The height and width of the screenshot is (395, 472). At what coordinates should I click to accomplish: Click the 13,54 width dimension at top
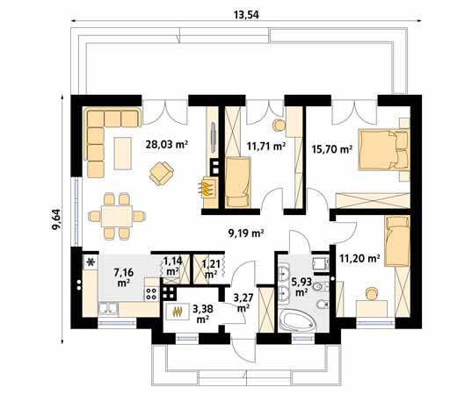coord(246,14)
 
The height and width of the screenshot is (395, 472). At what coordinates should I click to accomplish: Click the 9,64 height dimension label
coord(56,219)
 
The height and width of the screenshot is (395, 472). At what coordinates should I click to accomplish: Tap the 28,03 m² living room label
coord(166,145)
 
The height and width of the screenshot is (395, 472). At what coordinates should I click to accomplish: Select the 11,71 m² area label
coord(266,147)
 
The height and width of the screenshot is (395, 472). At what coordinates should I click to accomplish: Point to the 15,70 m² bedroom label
coord(332,149)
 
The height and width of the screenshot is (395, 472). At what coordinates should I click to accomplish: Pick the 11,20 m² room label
coord(359,258)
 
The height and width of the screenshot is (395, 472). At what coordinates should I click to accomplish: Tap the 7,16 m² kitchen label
coord(123,277)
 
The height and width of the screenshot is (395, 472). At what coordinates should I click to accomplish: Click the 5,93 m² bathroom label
coord(301,287)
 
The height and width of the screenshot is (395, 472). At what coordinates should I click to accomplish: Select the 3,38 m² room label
coord(203,314)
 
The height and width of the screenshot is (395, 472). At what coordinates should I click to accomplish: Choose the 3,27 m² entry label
coord(243,303)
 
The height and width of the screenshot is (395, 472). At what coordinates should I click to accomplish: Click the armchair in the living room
coord(162,173)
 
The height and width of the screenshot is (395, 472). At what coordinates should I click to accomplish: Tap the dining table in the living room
coord(117,216)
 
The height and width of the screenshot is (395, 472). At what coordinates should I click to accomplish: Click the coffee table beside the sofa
coord(123,154)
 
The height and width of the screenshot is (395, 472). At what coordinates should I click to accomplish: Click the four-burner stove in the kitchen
coord(151,294)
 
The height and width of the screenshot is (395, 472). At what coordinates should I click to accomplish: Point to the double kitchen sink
coord(108,309)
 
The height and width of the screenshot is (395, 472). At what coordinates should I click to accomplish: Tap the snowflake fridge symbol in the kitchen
coord(90,263)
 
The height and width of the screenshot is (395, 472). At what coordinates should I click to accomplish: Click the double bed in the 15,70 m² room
coord(384,149)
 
